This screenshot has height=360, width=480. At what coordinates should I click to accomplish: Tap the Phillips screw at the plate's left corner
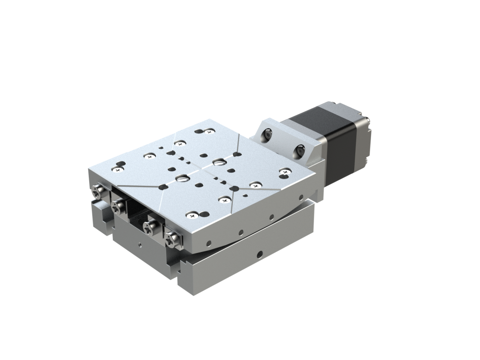(118, 168)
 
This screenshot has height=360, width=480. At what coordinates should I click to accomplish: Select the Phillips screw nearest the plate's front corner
(192, 215)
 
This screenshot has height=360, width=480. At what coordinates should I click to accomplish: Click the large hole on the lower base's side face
(260, 252)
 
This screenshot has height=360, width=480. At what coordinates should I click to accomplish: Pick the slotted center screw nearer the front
(183, 178)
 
